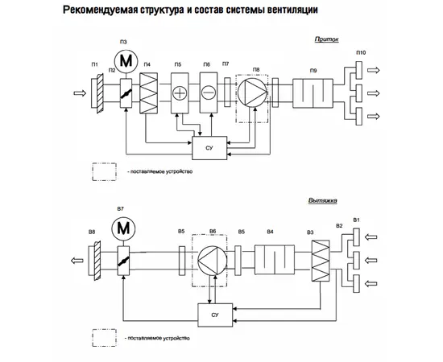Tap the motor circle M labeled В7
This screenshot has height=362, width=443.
(x=123, y=230)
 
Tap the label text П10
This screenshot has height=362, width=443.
(x=361, y=52)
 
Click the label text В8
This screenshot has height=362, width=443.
(x=93, y=232)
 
